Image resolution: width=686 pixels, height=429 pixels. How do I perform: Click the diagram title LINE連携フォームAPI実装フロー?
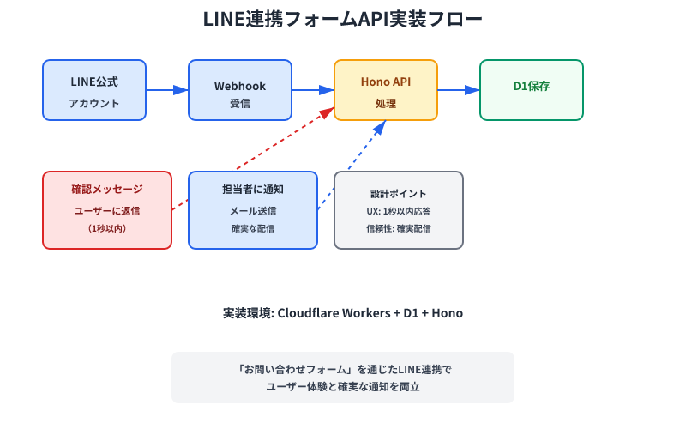tap(343, 20)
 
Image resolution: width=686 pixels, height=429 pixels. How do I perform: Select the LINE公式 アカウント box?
tap(94, 90)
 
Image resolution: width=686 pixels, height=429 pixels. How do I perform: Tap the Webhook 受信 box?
tap(240, 90)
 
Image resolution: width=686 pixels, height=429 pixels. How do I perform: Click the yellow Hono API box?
tap(386, 90)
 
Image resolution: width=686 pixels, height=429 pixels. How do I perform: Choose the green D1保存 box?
tap(532, 90)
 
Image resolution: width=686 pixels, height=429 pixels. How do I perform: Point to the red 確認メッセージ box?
tap(107, 210)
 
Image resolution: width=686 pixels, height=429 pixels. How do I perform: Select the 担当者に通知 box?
tap(253, 210)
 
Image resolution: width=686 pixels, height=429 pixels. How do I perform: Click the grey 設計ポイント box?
tap(399, 210)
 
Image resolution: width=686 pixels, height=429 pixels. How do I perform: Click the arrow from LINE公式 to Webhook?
tap(167, 90)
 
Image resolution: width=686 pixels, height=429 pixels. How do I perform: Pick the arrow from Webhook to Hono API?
tap(313, 90)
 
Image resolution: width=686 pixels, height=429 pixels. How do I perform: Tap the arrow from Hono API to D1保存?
tap(459, 90)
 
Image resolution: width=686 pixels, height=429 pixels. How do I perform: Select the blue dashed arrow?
tap(352, 163)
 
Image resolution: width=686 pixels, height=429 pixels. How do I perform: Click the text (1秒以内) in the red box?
tap(107, 229)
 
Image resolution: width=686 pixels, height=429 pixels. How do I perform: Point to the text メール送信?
tap(253, 211)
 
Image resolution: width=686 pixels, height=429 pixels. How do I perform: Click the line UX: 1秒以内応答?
tap(399, 211)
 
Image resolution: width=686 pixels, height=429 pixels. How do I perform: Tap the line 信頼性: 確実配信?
tap(399, 229)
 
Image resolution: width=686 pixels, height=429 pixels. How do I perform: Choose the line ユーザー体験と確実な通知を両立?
tap(343, 387)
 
